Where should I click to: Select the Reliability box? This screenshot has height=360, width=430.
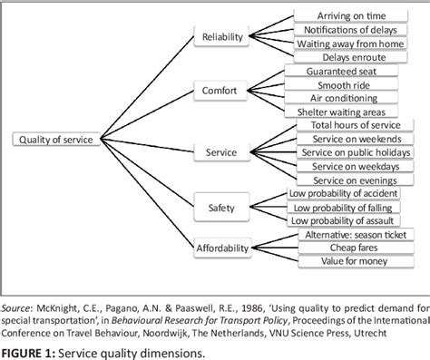point(222,36)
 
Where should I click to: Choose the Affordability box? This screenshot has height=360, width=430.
point(222,248)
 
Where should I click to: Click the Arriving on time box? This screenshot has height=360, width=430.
point(348,15)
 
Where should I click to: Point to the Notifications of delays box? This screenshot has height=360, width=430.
point(348,29)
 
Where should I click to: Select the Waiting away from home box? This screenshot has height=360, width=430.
point(348,43)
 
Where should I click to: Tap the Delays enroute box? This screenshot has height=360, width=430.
point(348,56)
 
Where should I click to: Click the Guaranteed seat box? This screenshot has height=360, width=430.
point(348,71)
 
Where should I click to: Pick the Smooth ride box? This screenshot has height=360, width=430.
point(348,84)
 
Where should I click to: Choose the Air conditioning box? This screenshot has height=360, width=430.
point(348,98)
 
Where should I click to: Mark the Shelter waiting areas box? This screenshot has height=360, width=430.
point(348,112)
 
